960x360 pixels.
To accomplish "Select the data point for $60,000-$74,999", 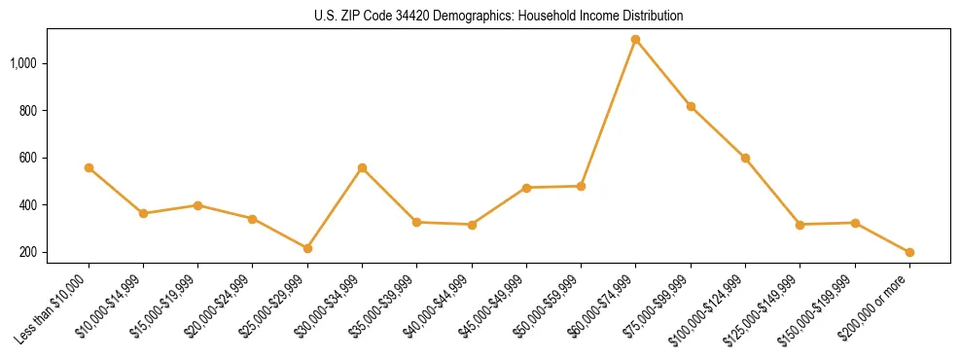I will click(636, 39).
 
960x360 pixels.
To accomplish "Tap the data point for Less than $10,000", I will click(89, 167).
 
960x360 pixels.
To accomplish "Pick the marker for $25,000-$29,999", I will click(307, 248).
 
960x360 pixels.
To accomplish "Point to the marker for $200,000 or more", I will click(909, 252).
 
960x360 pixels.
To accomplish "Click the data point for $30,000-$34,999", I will click(362, 167).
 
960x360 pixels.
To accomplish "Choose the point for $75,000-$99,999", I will click(691, 106).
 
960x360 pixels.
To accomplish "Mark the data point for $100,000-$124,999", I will click(745, 158).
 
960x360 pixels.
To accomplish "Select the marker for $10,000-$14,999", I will click(143, 213).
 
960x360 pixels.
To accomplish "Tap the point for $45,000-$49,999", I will click(526, 188).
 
